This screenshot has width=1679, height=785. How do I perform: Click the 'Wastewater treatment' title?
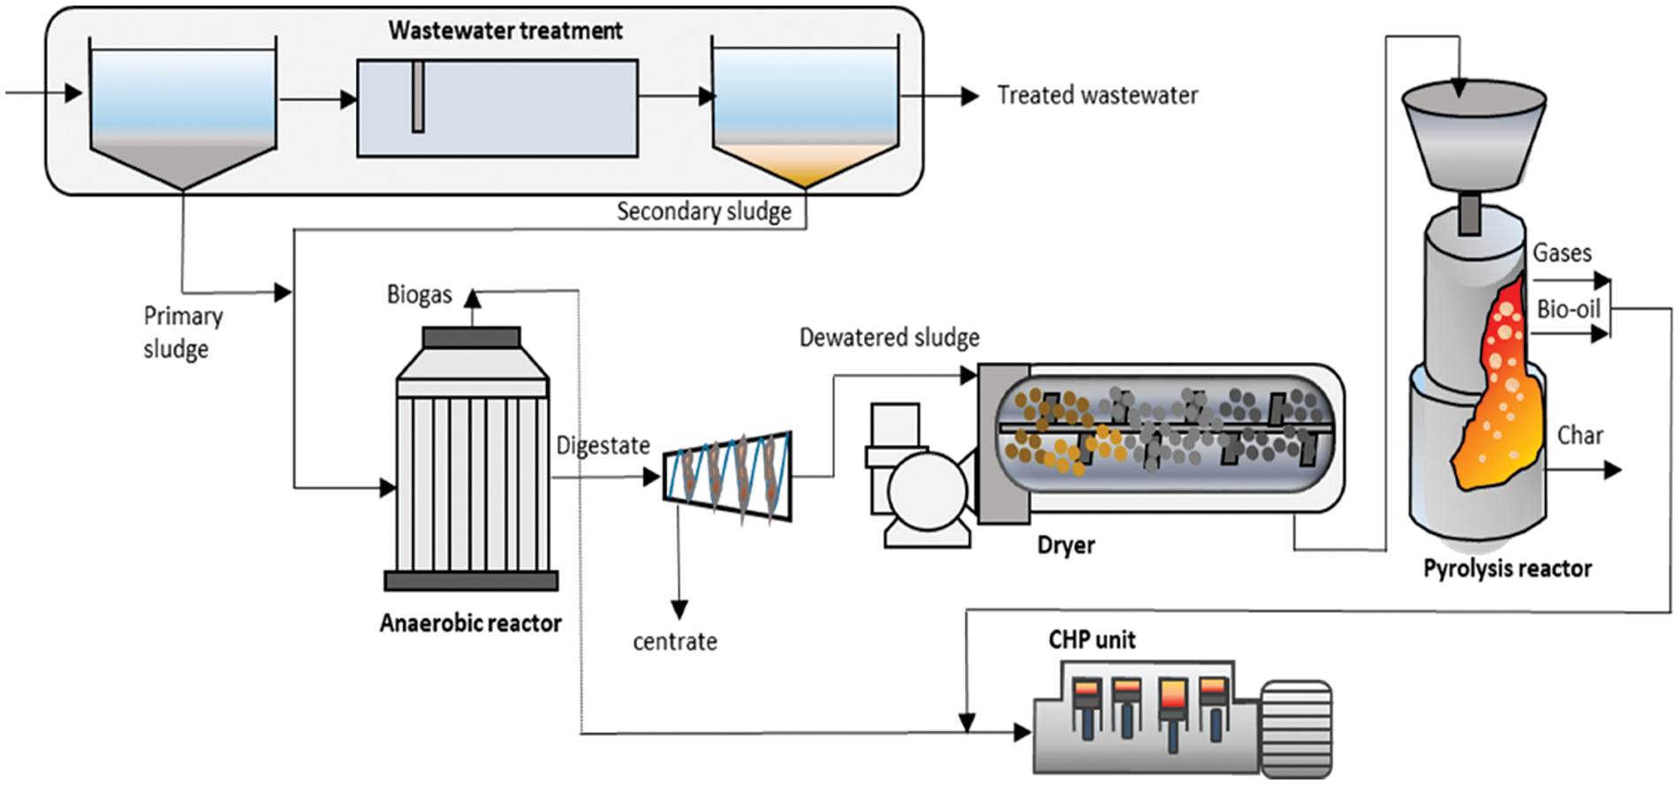click(505, 31)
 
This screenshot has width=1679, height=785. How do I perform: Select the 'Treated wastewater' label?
click(1098, 95)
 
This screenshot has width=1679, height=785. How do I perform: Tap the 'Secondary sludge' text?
click(703, 212)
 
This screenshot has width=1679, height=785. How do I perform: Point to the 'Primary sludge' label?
click(182, 332)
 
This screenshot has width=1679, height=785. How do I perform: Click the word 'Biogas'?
click(419, 295)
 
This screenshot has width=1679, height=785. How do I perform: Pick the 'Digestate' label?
click(603, 445)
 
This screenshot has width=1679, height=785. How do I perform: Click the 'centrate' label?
click(674, 641)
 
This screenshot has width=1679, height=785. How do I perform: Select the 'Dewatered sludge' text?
click(889, 337)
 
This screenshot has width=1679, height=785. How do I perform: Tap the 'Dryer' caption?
click(1066, 546)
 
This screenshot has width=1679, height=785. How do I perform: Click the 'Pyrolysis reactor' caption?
click(1508, 569)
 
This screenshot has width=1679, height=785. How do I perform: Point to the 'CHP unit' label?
click(1091, 639)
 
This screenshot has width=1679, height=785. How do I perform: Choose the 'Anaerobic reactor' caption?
click(470, 623)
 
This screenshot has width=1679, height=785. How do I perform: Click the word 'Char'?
click(1580, 435)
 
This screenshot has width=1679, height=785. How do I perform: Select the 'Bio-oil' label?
click(1569, 309)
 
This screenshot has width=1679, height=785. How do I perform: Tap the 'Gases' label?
click(1561, 253)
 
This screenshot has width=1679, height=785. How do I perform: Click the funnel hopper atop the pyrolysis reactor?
click(1474, 137)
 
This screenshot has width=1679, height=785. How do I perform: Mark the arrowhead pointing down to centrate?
click(679, 609)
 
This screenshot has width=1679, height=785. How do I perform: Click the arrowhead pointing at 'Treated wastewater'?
click(970, 95)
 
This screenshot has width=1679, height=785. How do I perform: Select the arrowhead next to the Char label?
click(1613, 470)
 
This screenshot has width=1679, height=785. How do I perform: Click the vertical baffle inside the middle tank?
click(418, 96)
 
